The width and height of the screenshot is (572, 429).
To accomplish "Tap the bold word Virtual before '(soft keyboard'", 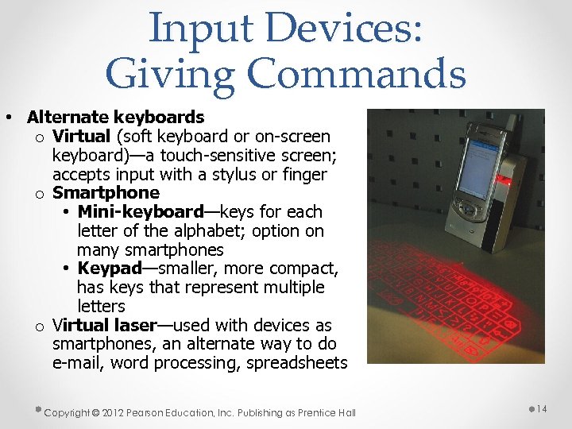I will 82,136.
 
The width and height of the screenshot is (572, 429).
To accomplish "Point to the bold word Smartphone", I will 106,193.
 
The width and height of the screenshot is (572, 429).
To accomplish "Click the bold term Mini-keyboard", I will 141,212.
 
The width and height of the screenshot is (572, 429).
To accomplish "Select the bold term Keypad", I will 109,269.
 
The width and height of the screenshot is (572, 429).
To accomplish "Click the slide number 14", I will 543,408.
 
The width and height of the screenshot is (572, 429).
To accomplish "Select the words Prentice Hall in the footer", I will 327,412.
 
